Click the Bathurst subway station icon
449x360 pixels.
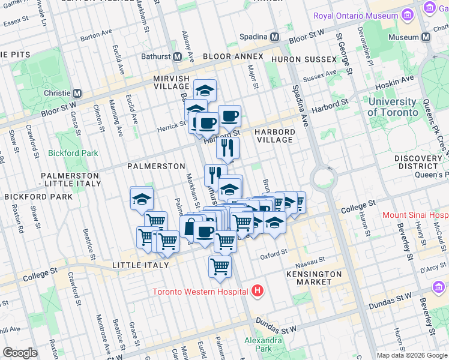point(178,57)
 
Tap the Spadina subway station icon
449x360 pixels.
point(275,37)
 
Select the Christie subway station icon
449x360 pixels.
point(77,94)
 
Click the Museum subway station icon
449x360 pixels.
point(426,37)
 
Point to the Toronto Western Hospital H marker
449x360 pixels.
point(258,291)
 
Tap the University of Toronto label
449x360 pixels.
point(392,107)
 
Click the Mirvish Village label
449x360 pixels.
point(171,83)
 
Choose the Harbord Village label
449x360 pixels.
point(274,136)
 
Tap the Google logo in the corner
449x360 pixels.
point(20,353)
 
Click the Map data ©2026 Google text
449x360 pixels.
point(412,355)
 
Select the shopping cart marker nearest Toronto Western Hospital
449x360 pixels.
point(220,266)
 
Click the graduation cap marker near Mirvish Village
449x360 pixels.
point(205,91)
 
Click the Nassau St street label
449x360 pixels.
point(310,260)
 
